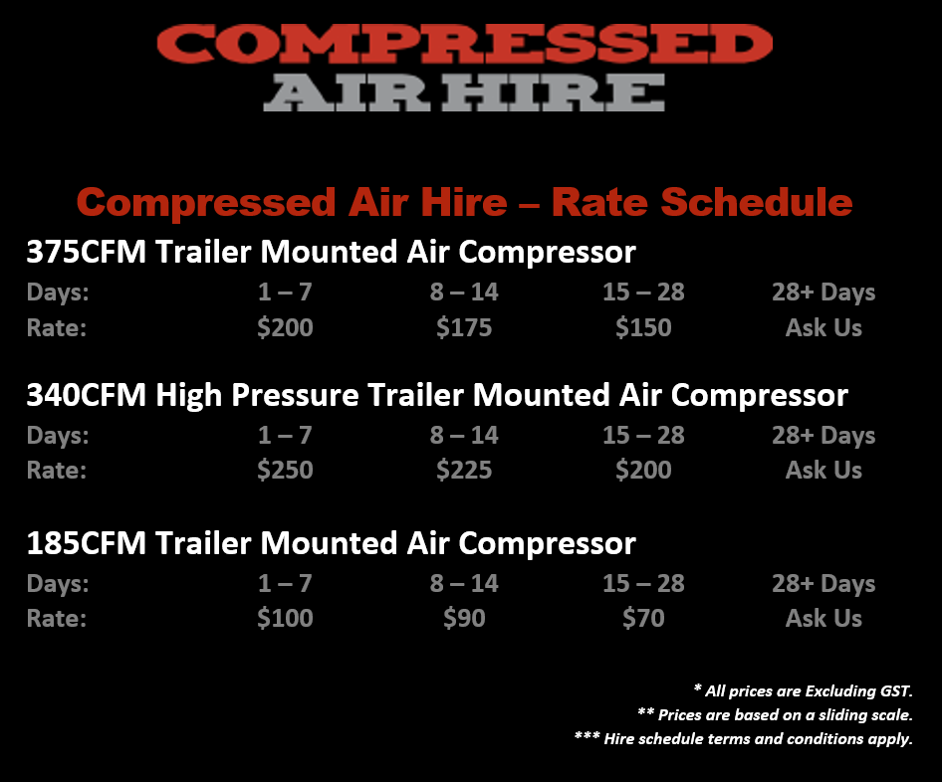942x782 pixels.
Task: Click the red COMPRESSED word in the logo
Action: (x=464, y=44)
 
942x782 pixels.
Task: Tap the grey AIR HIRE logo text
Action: (x=464, y=93)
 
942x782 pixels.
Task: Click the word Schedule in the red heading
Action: (x=757, y=202)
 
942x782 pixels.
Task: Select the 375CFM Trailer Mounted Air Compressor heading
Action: (x=331, y=252)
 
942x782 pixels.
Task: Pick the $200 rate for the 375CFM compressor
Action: (x=285, y=327)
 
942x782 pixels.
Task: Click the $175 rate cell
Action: (x=464, y=327)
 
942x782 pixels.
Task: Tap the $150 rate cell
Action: (x=643, y=327)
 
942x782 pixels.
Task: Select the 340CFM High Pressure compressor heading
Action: (x=437, y=396)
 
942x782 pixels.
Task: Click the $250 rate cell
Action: (x=285, y=470)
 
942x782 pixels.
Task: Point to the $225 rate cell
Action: (x=464, y=470)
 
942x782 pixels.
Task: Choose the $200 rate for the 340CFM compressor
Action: (x=643, y=470)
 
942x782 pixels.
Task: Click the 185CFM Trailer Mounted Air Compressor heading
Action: (x=331, y=543)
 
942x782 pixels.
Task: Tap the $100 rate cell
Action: (x=285, y=618)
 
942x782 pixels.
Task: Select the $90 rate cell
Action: (x=464, y=618)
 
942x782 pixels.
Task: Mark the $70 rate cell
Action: (x=643, y=618)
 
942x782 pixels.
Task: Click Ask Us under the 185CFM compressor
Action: (x=824, y=618)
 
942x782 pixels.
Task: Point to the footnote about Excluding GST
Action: (x=804, y=690)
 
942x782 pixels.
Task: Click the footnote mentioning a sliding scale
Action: (x=775, y=714)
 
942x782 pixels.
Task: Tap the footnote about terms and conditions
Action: (x=744, y=739)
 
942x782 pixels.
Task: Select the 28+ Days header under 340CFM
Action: (x=824, y=436)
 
